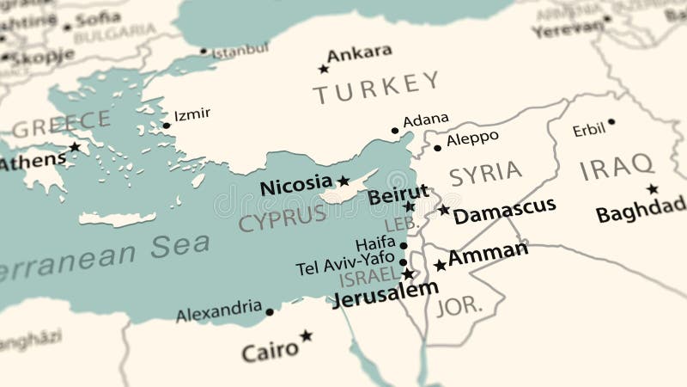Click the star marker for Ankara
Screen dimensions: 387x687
[x=324, y=69]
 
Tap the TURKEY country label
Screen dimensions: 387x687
[x=375, y=87]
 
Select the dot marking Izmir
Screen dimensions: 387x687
[x=167, y=126]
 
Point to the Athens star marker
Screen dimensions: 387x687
[x=75, y=147]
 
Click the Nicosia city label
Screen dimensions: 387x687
[x=295, y=183]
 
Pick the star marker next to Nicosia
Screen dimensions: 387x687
[x=343, y=181]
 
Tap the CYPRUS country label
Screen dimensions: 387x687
[x=283, y=218]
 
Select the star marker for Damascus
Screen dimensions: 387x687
[x=443, y=209]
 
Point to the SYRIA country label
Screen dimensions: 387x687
[x=485, y=173]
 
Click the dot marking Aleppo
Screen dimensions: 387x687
[x=437, y=148]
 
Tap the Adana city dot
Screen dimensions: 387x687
[x=395, y=131]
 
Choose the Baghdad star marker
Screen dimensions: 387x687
[x=652, y=189]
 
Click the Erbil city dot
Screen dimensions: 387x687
[x=611, y=122]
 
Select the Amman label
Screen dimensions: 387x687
[x=488, y=253]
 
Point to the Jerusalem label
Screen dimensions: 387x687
[x=385, y=292]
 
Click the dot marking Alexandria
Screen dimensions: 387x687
[x=270, y=312]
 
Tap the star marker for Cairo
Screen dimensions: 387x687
[x=306, y=335]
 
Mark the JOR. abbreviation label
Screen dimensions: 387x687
[x=458, y=306]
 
